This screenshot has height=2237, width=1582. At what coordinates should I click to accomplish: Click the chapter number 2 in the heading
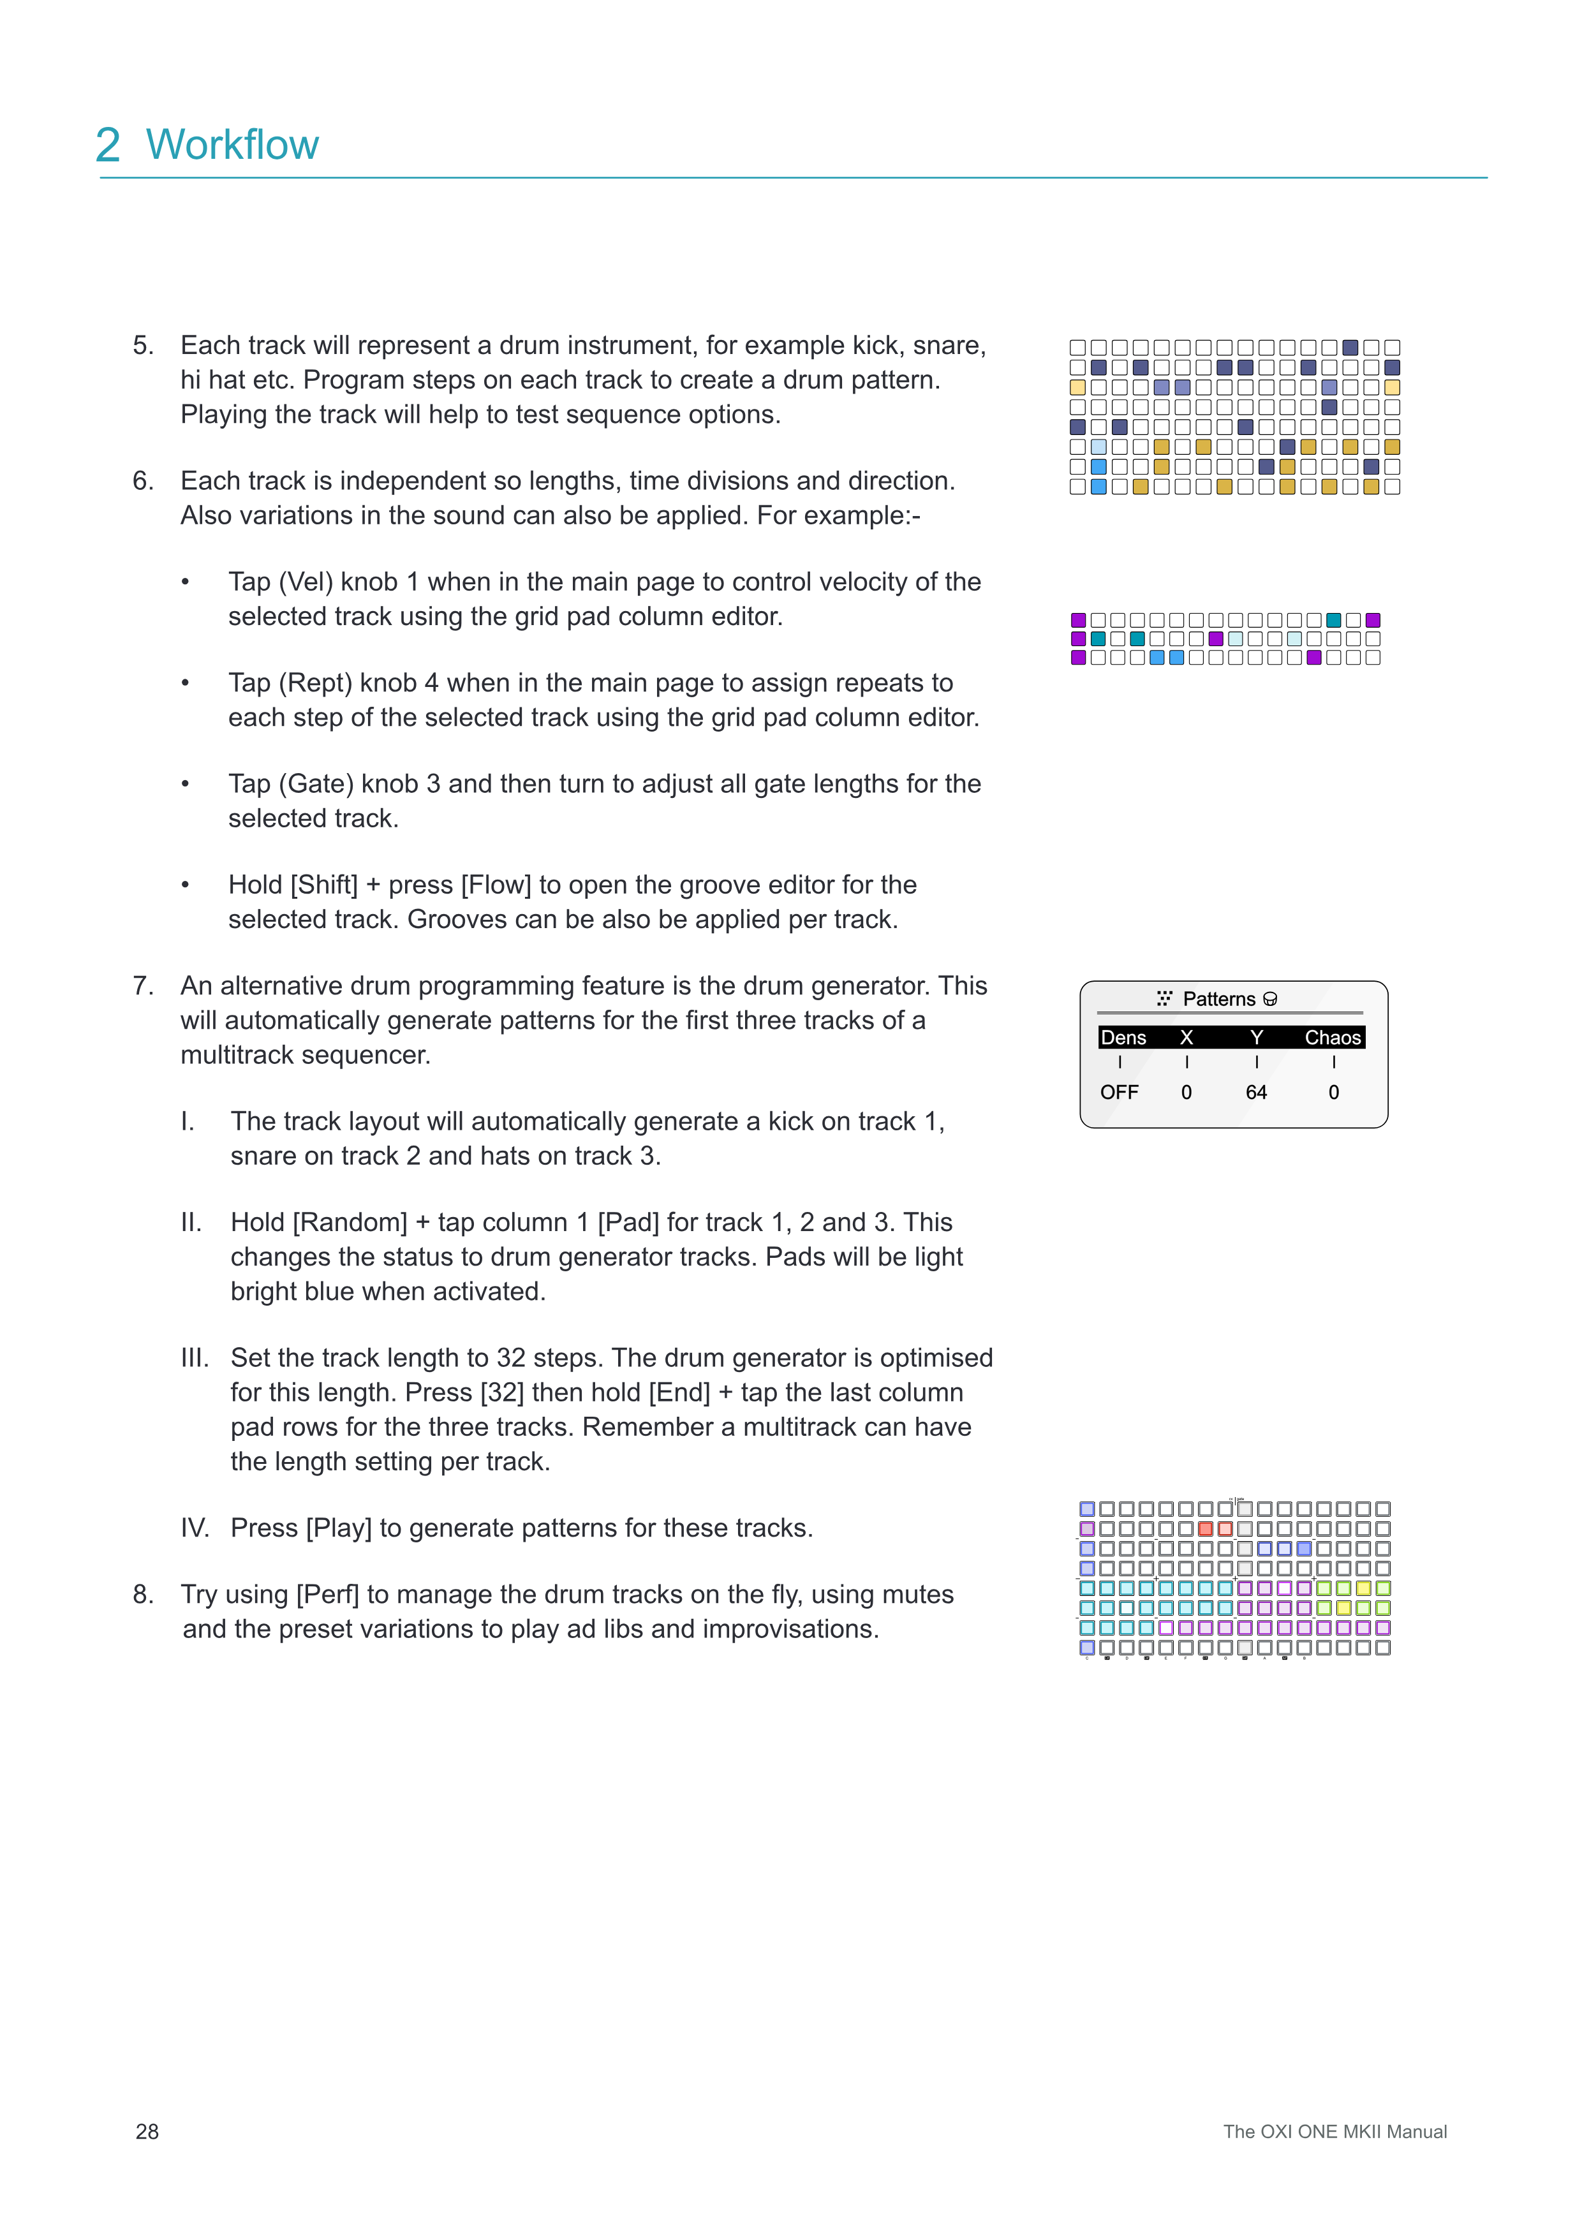[x=108, y=145]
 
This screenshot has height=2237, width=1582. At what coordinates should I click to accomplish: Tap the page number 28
[x=147, y=2131]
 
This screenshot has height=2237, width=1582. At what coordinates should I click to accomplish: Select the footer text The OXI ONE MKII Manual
[x=1334, y=2131]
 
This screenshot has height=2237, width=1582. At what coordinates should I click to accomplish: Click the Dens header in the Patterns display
[x=1123, y=1038]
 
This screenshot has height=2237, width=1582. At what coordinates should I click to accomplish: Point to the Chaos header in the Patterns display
[x=1332, y=1038]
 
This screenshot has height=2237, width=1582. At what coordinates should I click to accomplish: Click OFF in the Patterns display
[x=1120, y=1092]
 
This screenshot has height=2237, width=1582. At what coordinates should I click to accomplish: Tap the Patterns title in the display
[x=1218, y=999]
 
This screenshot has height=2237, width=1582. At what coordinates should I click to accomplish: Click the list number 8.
[x=143, y=1594]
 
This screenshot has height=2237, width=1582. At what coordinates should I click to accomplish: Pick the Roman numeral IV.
[x=194, y=1528]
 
